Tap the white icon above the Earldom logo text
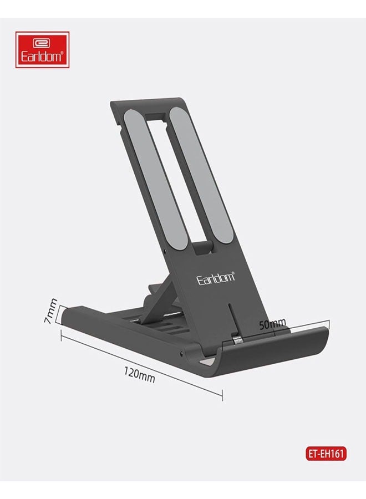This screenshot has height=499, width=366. coord(42,42)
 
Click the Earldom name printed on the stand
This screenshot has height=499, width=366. coord(216,278)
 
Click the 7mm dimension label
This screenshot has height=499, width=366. coord(51,311)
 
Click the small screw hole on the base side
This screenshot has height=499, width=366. coord(181,353)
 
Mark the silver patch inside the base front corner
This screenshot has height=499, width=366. coord(206,361)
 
